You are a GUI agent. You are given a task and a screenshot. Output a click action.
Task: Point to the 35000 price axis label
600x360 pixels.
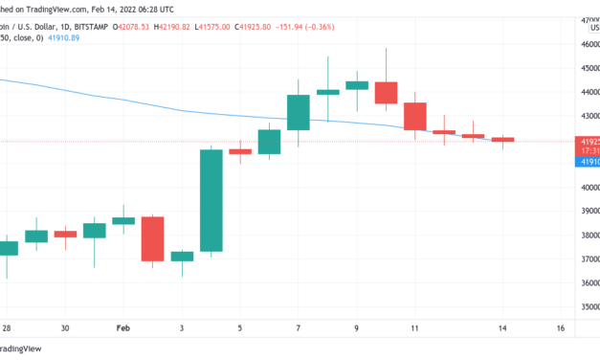(x=587, y=307)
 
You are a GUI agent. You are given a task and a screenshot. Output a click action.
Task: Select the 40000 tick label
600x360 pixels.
(x=587, y=187)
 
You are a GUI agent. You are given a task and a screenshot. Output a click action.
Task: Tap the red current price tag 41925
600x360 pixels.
(x=586, y=142)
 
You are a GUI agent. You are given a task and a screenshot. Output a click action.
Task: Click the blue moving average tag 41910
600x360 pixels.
(x=586, y=162)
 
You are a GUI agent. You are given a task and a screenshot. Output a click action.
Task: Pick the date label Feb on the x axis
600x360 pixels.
(x=122, y=327)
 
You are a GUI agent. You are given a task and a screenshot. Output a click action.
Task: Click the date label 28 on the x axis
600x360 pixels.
(x=8, y=327)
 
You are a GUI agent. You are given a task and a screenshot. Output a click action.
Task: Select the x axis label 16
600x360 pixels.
(x=559, y=327)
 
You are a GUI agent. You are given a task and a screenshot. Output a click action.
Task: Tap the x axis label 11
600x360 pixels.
(x=414, y=327)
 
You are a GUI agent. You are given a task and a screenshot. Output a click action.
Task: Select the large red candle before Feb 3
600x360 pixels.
(x=152, y=238)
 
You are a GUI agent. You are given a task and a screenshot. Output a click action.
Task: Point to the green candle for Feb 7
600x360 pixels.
(x=298, y=112)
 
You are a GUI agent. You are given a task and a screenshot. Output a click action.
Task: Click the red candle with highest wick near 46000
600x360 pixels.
(x=386, y=92)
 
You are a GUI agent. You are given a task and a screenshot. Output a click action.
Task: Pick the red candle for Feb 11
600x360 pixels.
(x=414, y=116)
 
